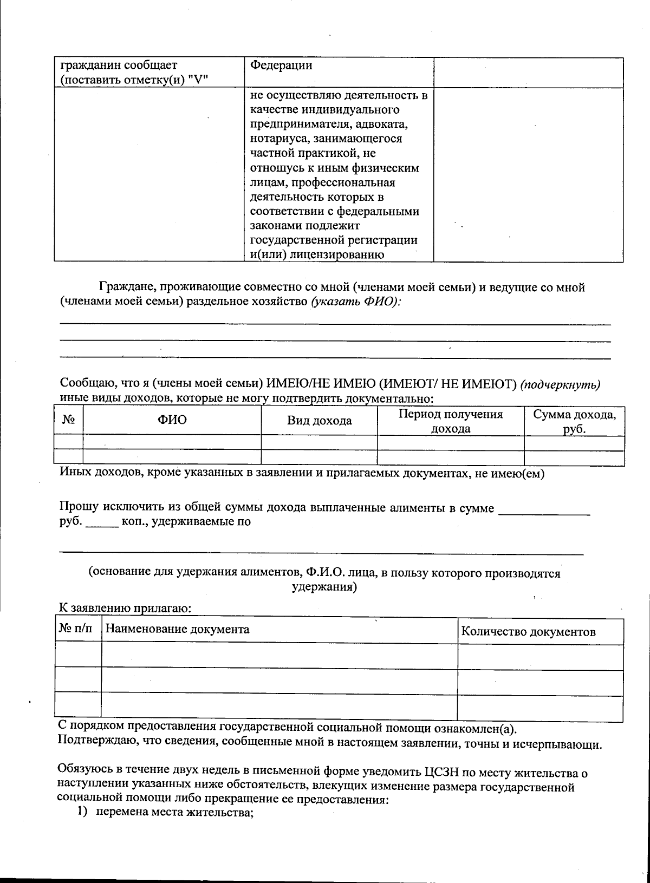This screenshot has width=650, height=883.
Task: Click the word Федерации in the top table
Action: pyautogui.click(x=282, y=66)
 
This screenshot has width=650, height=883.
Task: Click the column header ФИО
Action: pyautogui.click(x=172, y=420)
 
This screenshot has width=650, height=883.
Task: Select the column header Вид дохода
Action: pyautogui.click(x=319, y=421)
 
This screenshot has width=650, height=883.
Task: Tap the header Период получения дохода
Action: pyautogui.click(x=451, y=421)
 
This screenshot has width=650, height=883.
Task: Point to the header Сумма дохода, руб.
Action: pyautogui.click(x=574, y=421)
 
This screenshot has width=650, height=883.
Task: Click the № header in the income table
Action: pyautogui.click(x=68, y=420)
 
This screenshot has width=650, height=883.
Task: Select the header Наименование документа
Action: pyautogui.click(x=177, y=629)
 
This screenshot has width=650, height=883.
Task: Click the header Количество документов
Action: pyautogui.click(x=528, y=632)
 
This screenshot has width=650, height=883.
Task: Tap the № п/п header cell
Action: pyautogui.click(x=75, y=629)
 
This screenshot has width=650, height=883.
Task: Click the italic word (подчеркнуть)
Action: pyautogui.click(x=560, y=384)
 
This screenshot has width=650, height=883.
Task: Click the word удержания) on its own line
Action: pyautogui.click(x=324, y=587)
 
